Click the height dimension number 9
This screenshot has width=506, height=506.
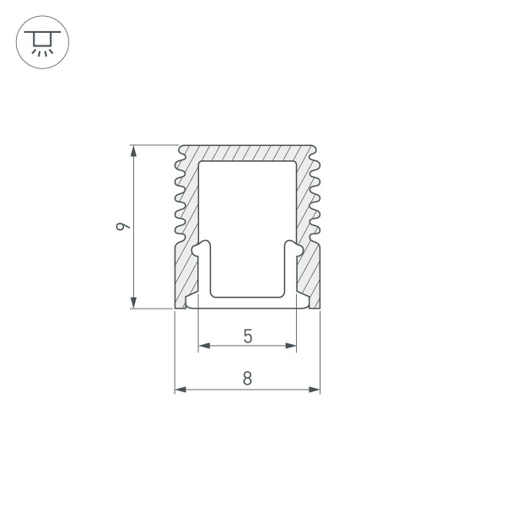coord(123,226)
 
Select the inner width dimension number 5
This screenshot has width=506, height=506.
coord(247,335)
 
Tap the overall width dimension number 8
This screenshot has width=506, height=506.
coord(247,379)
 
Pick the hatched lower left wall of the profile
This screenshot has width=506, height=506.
coord(186,270)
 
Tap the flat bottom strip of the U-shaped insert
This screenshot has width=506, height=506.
coord(247,301)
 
